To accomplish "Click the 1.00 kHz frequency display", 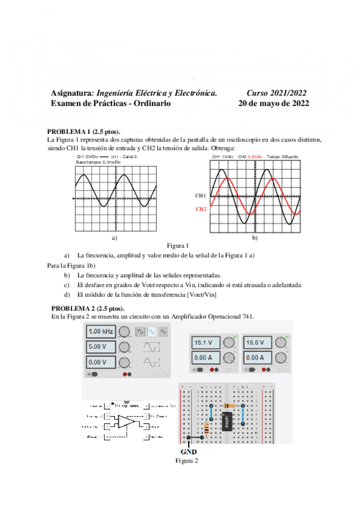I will [100, 331].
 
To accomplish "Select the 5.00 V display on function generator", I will [100, 347].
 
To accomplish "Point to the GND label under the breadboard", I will [188, 450].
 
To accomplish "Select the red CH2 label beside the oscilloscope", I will [201, 209].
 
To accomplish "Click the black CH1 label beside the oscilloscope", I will [201, 196].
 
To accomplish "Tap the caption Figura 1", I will [178, 245].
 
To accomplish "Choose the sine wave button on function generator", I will [152, 331].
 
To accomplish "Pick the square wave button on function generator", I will [140, 331].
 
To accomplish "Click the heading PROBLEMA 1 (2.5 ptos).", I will [84, 132].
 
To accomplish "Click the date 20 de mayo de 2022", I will [273, 103].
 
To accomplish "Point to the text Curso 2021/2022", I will [276, 93].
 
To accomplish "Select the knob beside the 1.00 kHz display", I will [124, 331].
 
